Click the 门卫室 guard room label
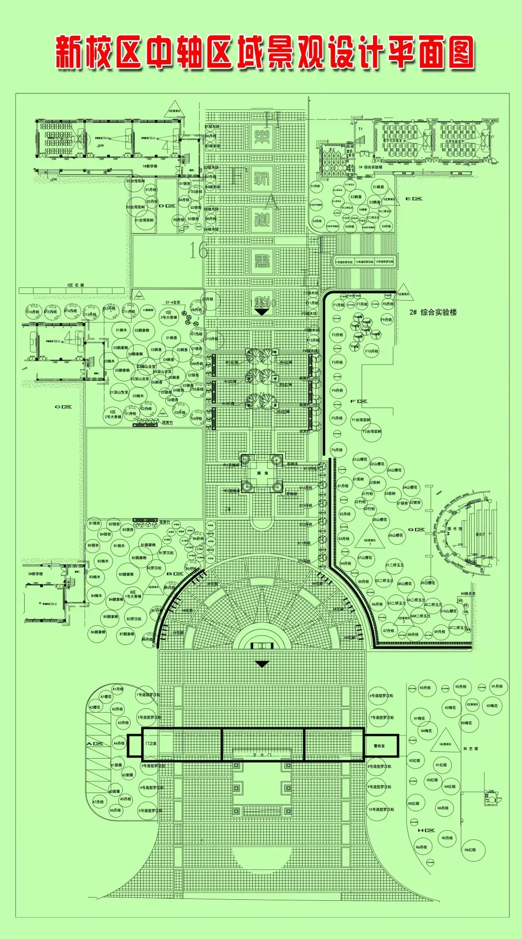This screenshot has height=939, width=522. pos(151,743)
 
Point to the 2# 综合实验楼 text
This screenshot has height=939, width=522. pos(433,312)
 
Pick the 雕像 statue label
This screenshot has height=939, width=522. pos(262,473)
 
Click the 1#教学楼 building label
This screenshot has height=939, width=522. pos(150,166)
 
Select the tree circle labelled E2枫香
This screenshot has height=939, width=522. pos(356,197)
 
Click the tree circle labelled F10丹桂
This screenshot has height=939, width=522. pos(371,352)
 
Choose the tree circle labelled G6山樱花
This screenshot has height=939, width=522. pos(395,535)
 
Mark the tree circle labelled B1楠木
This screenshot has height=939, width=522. pos(119,546)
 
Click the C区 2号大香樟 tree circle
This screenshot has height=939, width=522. pos(113,415)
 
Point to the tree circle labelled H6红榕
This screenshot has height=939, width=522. pos(470,850)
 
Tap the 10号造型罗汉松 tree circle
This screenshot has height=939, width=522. pos(381,809)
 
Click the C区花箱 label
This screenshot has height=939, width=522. pos(75,285)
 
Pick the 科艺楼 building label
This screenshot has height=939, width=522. pos(470,748)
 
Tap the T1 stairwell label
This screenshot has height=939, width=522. pos(360,129)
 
